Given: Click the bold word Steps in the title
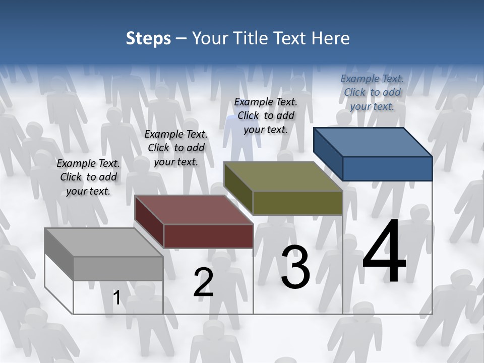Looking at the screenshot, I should (x=148, y=38).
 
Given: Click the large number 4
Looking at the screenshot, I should (x=385, y=252).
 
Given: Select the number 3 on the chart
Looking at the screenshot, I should (x=295, y=267).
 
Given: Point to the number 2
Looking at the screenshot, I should (x=204, y=282).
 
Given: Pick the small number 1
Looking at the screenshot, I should (x=117, y=298).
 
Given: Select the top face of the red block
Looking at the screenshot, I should (x=194, y=210).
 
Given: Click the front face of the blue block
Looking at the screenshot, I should (x=387, y=168).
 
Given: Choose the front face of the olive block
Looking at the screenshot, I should (x=297, y=203).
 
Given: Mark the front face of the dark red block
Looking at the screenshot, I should (x=208, y=236).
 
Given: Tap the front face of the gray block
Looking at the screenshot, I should (x=118, y=268).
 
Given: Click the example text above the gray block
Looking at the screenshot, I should (x=88, y=177).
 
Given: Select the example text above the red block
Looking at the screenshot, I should (x=176, y=148).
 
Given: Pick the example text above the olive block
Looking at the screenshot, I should (x=266, y=115).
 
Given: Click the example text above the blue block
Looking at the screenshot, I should (x=372, y=92).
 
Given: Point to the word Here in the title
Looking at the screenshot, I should (x=332, y=38).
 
